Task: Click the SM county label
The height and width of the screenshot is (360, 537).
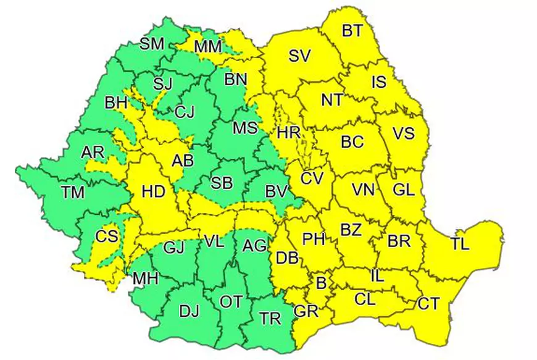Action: (x=152, y=44)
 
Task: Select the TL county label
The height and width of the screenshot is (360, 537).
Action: (x=460, y=243)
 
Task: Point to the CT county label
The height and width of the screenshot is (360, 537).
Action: (x=428, y=303)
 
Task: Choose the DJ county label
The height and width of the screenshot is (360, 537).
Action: (x=189, y=311)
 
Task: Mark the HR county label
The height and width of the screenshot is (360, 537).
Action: (x=289, y=133)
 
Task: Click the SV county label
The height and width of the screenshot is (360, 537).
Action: (x=299, y=56)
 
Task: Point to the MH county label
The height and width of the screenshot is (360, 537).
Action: (x=146, y=279)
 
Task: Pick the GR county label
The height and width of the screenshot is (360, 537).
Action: (x=306, y=311)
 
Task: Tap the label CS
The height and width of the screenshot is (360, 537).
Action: (x=106, y=236)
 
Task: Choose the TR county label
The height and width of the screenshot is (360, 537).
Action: (x=270, y=319)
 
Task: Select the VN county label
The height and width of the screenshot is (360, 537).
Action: (x=364, y=190)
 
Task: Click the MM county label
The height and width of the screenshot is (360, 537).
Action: (x=208, y=47)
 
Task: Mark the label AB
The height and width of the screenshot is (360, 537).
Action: (x=183, y=161)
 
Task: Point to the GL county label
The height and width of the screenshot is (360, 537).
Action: (x=403, y=191)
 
